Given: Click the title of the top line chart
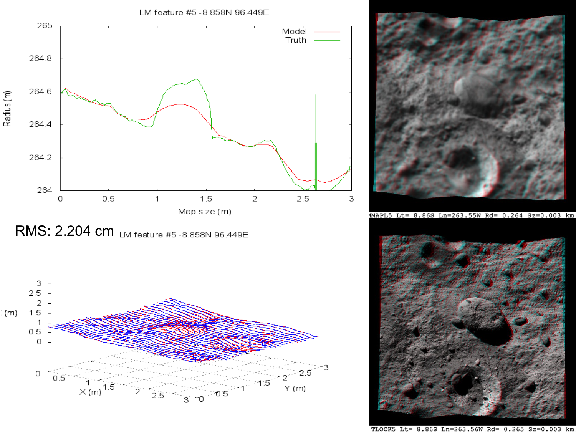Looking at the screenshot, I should click(204, 12).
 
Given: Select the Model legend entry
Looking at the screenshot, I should click(295, 31).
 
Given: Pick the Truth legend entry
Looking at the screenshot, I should click(296, 40).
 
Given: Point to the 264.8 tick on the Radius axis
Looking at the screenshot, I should click(41, 58).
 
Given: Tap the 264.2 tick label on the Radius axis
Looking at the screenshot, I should click(41, 157).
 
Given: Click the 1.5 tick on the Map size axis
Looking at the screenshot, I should click(206, 199).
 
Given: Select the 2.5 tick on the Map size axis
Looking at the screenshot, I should click(303, 199).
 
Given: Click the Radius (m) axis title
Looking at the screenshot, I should click(7, 109).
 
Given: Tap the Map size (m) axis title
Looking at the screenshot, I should click(205, 212).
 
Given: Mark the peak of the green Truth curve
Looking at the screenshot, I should click(197, 79).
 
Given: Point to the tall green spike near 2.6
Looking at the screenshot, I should click(316, 115).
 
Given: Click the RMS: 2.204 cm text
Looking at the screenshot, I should click(65, 231).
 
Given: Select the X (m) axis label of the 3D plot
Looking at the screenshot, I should click(91, 392).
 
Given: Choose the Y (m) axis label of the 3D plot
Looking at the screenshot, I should click(295, 389).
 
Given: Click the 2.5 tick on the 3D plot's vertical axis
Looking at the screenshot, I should click(35, 293).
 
